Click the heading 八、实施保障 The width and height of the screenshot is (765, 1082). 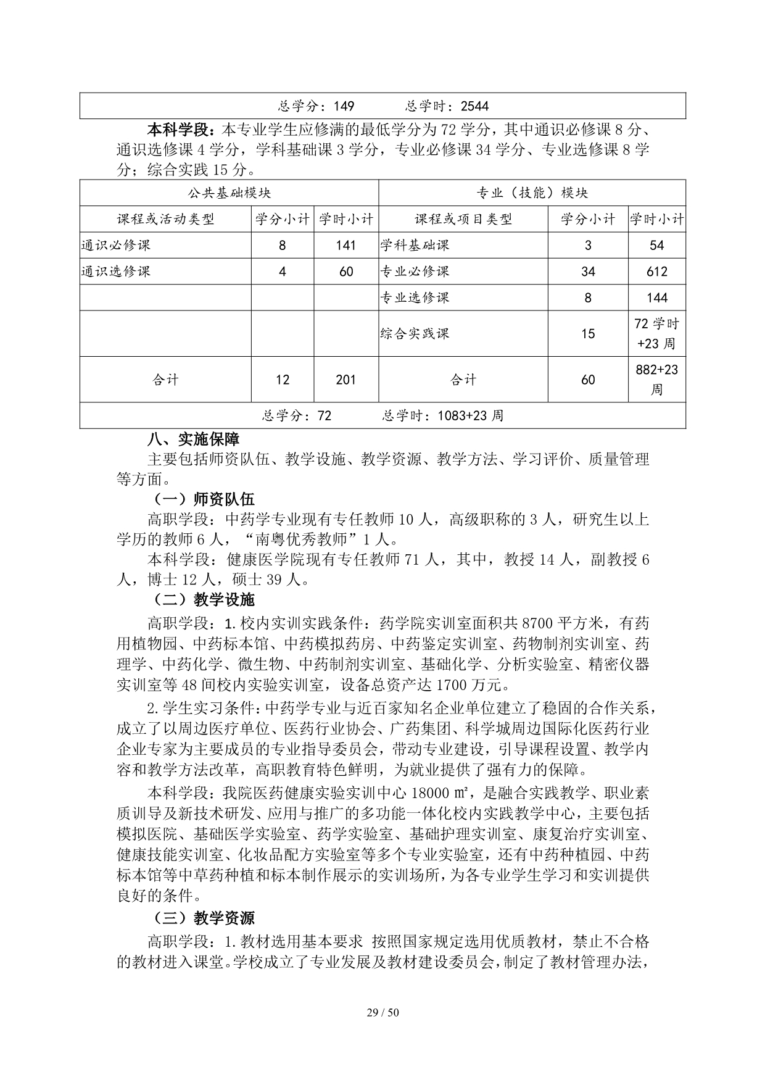click(x=194, y=439)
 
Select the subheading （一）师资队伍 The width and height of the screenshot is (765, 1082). click(x=204, y=499)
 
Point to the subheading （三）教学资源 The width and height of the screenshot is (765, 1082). click(x=204, y=918)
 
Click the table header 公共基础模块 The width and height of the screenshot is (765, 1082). click(x=229, y=193)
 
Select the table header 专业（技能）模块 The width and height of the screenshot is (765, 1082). click(x=532, y=193)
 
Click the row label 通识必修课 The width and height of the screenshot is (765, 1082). click(x=116, y=245)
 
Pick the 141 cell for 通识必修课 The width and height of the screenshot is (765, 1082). click(x=346, y=245)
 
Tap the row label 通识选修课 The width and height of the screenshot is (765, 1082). click(x=116, y=272)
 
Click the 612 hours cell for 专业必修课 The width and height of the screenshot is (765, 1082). click(x=657, y=272)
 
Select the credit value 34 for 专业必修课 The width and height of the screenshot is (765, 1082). click(x=588, y=272)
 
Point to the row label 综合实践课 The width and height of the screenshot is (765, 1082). click(x=415, y=334)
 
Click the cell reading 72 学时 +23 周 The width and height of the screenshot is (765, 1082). click(x=657, y=333)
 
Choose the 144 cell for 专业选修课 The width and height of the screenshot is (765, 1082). click(x=657, y=298)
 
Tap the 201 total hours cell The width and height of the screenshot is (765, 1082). click(x=346, y=380)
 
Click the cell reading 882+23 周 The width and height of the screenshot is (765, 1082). click(x=657, y=380)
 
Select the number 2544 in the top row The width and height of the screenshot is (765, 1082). click(x=474, y=106)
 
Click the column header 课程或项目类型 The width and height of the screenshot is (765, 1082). click(x=463, y=219)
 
